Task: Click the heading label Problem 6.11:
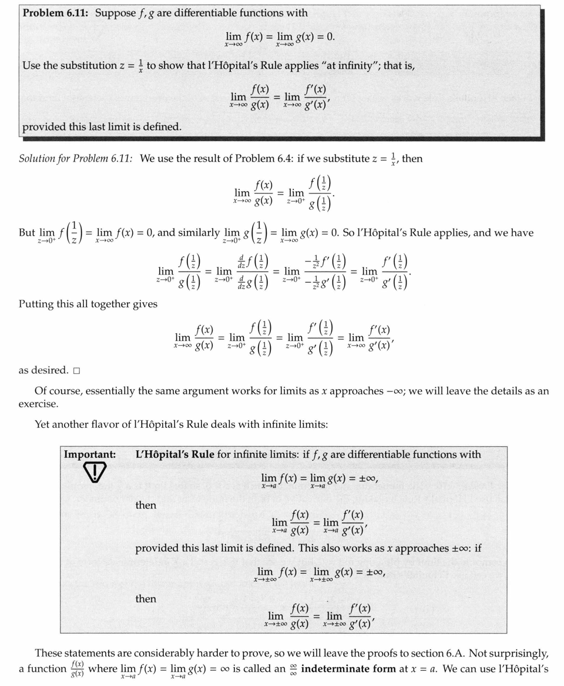click(56, 12)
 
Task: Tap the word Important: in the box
click(89, 454)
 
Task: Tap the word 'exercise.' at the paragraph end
click(38, 404)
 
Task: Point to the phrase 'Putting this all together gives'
click(88, 303)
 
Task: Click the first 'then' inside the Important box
click(146, 505)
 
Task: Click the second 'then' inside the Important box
click(146, 598)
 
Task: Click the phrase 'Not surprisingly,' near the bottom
click(509, 653)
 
